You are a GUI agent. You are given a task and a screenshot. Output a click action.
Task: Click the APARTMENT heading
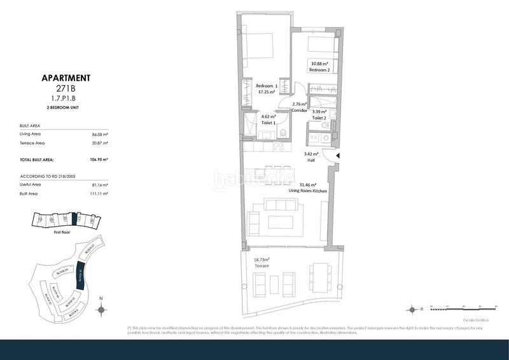(66, 78)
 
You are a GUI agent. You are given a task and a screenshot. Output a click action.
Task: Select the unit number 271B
(66, 90)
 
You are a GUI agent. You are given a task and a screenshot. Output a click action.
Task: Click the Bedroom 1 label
(266, 86)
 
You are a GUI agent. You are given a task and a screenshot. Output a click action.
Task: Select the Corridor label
(299, 111)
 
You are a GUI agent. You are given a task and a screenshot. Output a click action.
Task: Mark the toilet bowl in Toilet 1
(281, 133)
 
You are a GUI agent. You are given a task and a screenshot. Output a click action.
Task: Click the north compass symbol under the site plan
(101, 309)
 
